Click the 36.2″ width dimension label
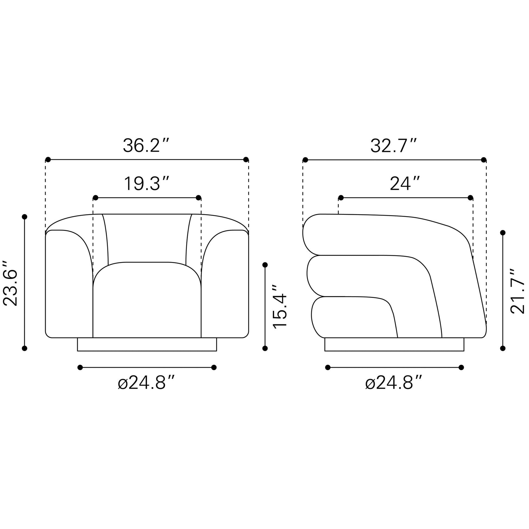point(147,145)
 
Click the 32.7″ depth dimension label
point(394,146)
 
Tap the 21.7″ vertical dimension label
point(518,291)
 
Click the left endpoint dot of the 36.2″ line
point(48,159)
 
